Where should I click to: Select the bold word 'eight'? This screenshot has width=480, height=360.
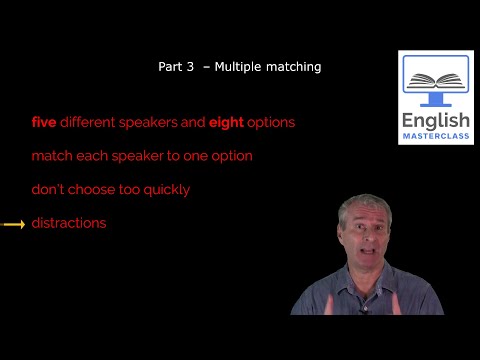[x=226, y=123]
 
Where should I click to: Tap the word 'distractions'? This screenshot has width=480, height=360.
[x=68, y=223]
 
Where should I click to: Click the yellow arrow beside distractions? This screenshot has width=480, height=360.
[x=14, y=224]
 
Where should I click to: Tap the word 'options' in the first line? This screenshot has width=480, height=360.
[x=272, y=123]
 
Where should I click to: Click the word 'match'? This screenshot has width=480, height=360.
[x=50, y=157]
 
